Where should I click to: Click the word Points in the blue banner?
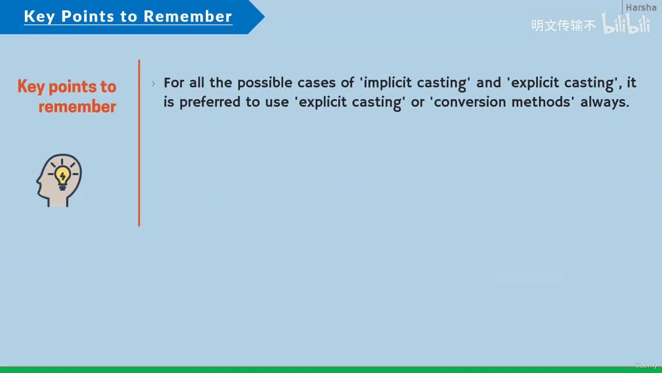(87, 16)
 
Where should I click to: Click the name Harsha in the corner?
(641, 7)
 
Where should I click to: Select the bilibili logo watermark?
(626, 23)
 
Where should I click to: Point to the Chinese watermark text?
(563, 25)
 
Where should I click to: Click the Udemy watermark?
(646, 365)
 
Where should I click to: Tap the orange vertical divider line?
(139, 143)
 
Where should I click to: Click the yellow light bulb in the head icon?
(63, 177)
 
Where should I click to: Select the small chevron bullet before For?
(153, 83)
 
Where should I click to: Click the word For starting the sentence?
(174, 82)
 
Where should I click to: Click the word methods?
(541, 102)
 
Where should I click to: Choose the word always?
(605, 103)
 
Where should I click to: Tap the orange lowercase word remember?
(77, 107)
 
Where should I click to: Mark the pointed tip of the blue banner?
(264, 17)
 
